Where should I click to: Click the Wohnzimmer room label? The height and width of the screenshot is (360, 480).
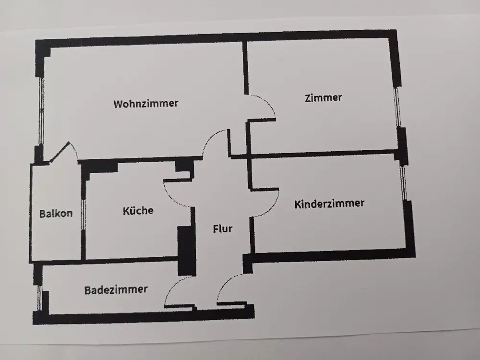(146, 104)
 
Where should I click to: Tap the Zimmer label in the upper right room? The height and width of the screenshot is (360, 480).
(323, 98)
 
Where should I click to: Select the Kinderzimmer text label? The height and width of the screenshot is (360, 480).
(329, 204)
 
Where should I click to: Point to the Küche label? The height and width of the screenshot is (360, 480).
(138, 211)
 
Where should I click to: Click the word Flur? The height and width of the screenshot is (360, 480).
(223, 228)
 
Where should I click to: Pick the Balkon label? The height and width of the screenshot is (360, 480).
(56, 214)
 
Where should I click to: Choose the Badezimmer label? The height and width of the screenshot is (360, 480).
(116, 289)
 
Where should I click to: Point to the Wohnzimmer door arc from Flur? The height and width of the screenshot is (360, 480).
(209, 138)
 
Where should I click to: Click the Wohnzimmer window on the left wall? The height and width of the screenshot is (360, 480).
(41, 112)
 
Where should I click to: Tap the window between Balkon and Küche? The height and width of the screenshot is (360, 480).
(83, 214)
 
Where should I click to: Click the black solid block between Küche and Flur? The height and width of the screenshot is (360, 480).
(187, 251)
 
